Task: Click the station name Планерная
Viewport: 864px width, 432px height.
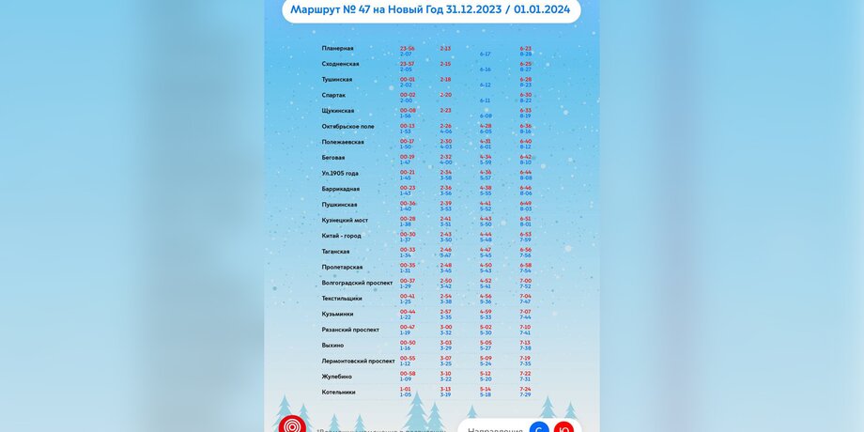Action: [337, 48]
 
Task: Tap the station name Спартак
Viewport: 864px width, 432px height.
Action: [333, 95]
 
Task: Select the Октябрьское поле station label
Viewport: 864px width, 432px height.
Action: [347, 126]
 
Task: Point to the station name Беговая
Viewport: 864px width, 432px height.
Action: [333, 158]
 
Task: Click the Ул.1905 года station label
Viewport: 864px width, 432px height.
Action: [340, 173]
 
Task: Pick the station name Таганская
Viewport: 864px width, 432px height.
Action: [335, 252]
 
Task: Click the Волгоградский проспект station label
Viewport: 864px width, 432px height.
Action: [357, 283]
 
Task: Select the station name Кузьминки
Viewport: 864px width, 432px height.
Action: [337, 314]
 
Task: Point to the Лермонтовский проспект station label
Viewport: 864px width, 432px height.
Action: [358, 361]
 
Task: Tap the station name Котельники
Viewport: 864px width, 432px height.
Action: [338, 392]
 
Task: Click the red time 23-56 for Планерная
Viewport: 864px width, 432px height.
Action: [407, 48]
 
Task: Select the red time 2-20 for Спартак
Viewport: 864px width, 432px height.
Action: [445, 95]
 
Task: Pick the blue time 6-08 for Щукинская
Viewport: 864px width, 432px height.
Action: [486, 116]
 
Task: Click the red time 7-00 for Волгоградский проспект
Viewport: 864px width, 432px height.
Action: [525, 280]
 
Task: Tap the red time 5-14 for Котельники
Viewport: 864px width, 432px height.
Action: [486, 389]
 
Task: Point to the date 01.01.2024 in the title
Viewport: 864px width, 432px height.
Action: [544, 9]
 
